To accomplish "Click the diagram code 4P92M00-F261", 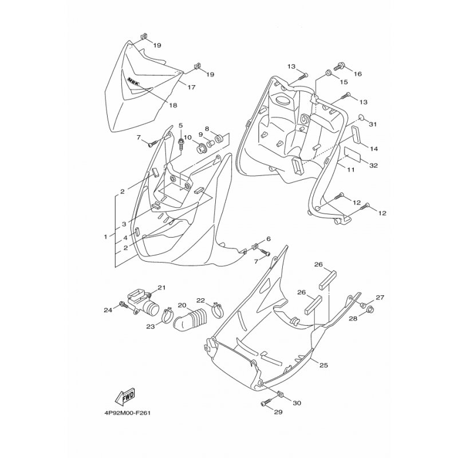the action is (x=128, y=413).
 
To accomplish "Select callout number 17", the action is (x=191, y=87).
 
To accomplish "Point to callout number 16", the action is (x=357, y=74).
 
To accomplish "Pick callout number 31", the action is (x=373, y=124).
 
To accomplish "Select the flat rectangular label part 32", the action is (x=353, y=153).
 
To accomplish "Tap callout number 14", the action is (x=374, y=149).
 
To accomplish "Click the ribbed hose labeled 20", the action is (x=188, y=321).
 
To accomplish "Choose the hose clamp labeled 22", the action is (x=218, y=310).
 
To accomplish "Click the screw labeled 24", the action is (x=123, y=305).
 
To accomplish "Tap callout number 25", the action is (x=323, y=365).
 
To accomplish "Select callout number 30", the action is (x=297, y=403).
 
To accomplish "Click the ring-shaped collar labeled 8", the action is (x=220, y=137).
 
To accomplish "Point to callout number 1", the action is (x=106, y=236).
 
